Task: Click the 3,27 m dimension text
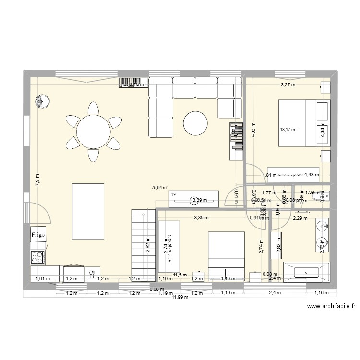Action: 288,85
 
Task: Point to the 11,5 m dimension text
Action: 180,275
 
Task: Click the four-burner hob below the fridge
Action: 38,258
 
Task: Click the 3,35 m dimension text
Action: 202,217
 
